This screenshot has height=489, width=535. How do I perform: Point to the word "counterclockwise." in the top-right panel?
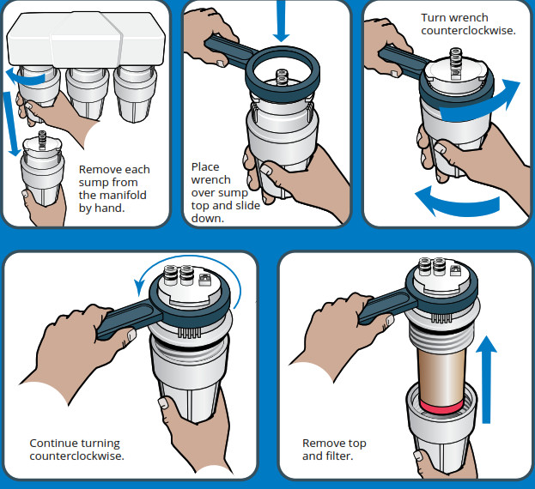(x=468, y=30)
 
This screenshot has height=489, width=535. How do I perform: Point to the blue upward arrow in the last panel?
(x=487, y=377)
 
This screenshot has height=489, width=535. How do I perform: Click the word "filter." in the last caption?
(x=340, y=456)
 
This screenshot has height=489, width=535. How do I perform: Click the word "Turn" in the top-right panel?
(x=434, y=17)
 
